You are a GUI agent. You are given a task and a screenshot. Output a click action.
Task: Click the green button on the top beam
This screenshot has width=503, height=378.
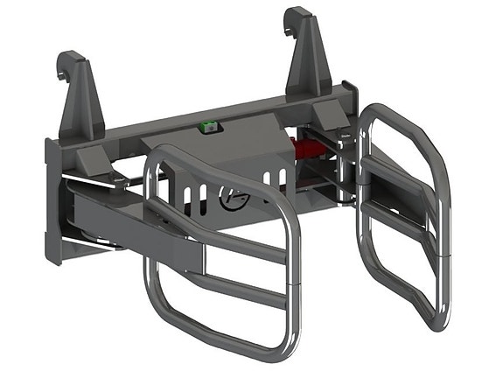(x=207, y=128)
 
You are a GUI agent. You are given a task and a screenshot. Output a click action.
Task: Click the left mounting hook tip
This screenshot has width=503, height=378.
(x=64, y=63)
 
